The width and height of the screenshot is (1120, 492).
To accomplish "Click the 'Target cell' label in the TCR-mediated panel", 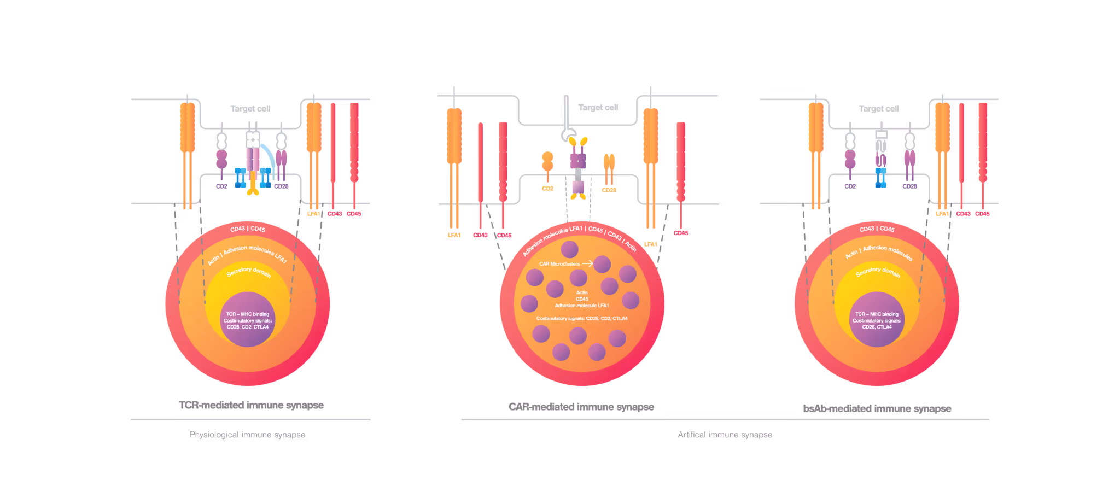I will [250, 109].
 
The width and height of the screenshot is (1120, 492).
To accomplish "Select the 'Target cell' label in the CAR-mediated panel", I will [598, 108].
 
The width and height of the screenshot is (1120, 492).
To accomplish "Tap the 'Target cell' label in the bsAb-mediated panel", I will [879, 109].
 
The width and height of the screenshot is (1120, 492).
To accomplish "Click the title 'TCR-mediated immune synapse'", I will [252, 405].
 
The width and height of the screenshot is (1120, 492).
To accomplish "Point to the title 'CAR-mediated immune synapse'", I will [581, 407].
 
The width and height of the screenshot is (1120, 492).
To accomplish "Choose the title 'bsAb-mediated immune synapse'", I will [877, 408].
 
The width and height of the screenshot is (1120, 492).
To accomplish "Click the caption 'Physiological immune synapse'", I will [247, 435].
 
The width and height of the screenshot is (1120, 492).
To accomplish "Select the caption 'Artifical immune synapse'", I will [725, 435].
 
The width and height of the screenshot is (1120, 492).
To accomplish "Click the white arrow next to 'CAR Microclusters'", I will [587, 263].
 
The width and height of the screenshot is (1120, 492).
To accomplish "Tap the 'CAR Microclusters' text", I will [559, 264].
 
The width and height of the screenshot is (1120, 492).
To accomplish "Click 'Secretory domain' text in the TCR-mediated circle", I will [249, 271].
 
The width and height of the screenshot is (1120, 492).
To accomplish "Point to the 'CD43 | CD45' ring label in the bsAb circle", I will [877, 229].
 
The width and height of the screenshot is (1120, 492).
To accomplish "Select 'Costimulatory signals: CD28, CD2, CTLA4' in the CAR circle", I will [582, 318].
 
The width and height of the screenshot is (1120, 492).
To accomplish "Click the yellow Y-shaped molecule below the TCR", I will [253, 186].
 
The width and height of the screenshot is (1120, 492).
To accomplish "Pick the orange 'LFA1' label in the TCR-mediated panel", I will [314, 214].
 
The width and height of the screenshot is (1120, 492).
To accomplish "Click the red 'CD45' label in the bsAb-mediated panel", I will [982, 214].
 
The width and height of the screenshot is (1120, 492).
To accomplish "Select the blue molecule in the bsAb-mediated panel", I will [880, 178].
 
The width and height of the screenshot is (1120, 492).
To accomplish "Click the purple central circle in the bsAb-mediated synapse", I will [877, 320].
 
